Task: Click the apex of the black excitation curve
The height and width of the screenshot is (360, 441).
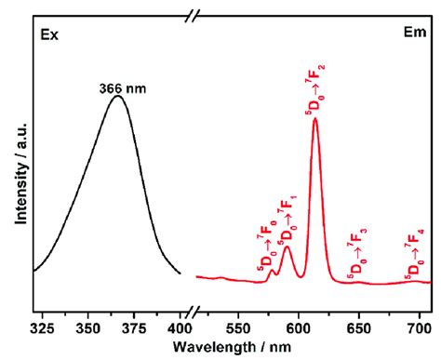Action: [117, 96]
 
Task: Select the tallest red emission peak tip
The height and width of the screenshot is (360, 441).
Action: [315, 119]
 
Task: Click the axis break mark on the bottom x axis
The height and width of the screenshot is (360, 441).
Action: [192, 311]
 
